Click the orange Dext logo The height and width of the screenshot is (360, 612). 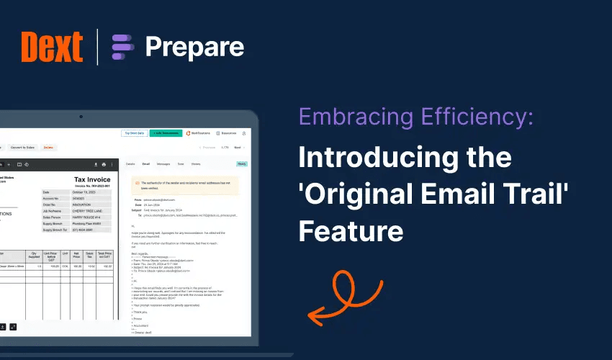click(53, 47)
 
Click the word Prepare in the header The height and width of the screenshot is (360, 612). click(194, 48)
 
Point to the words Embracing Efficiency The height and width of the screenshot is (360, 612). click(415, 117)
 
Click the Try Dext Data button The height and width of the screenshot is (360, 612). click(135, 133)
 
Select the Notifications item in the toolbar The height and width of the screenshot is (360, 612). click(198, 133)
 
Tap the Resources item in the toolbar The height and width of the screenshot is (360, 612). click(227, 133)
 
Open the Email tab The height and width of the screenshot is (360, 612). click(146, 164)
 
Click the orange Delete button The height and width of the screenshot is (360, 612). click(48, 148)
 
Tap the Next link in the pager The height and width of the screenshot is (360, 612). click(239, 148)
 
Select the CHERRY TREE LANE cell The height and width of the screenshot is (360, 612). click(91, 210)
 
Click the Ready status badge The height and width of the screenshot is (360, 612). click(242, 164)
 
